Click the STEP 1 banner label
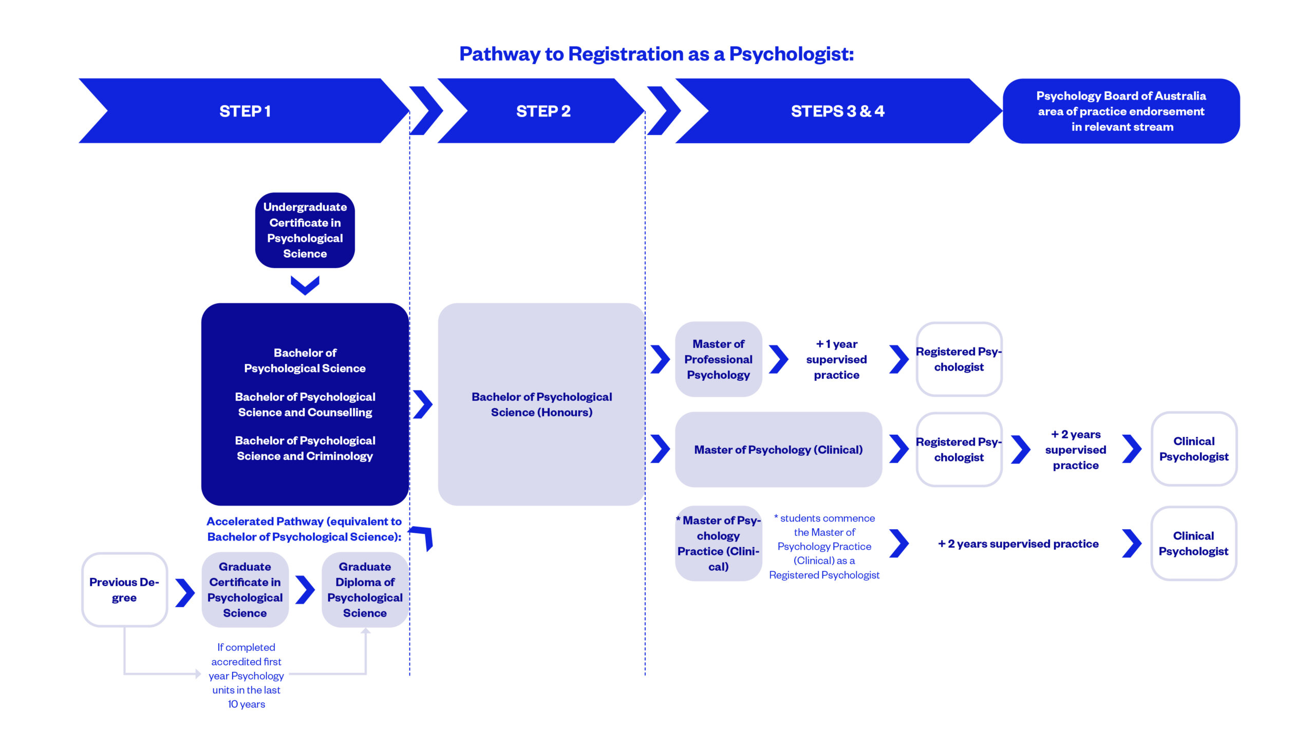(x=245, y=111)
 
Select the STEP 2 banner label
(x=543, y=111)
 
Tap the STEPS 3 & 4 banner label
(x=837, y=111)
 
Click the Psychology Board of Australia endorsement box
(x=1120, y=111)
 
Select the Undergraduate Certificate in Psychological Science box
(x=305, y=230)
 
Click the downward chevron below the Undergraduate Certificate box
(x=305, y=285)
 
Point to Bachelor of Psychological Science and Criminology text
(x=305, y=448)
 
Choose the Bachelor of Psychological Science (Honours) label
(x=541, y=404)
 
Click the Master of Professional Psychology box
(x=718, y=359)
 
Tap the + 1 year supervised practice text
(x=836, y=359)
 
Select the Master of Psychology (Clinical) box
(x=778, y=450)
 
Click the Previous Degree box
(x=124, y=590)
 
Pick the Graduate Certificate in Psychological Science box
(x=245, y=590)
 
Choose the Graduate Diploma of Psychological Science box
(x=365, y=590)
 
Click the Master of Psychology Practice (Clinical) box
(x=718, y=543)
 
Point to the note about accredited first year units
(x=247, y=675)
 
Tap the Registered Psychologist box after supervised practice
(x=959, y=359)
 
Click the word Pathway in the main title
(x=499, y=54)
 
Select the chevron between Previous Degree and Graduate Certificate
(x=185, y=592)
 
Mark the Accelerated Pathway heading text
(x=304, y=529)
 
